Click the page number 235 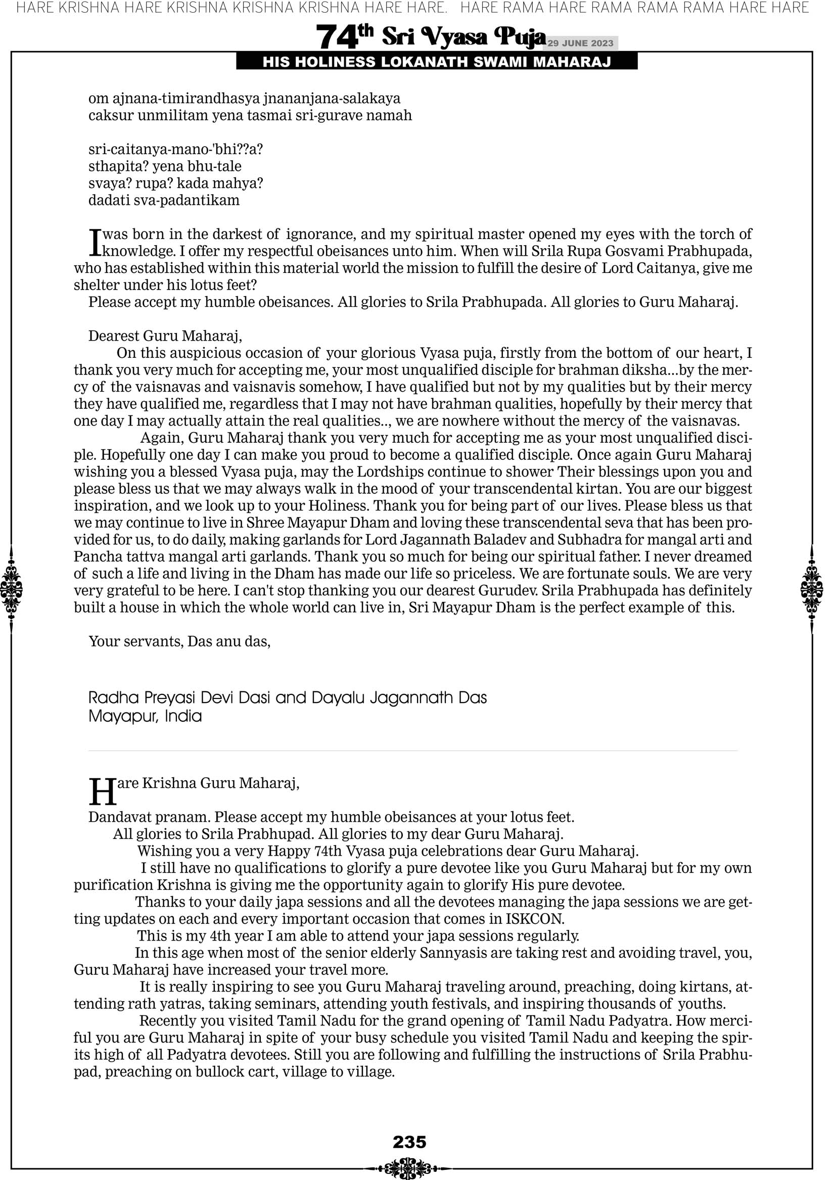pos(409,1142)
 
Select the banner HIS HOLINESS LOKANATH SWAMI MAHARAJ pos(437,62)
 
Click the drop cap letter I pos(95,243)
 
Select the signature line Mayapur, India pos(145,716)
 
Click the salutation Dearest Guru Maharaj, pos(165,336)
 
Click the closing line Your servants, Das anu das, pos(179,641)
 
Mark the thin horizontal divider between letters pos(413,751)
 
